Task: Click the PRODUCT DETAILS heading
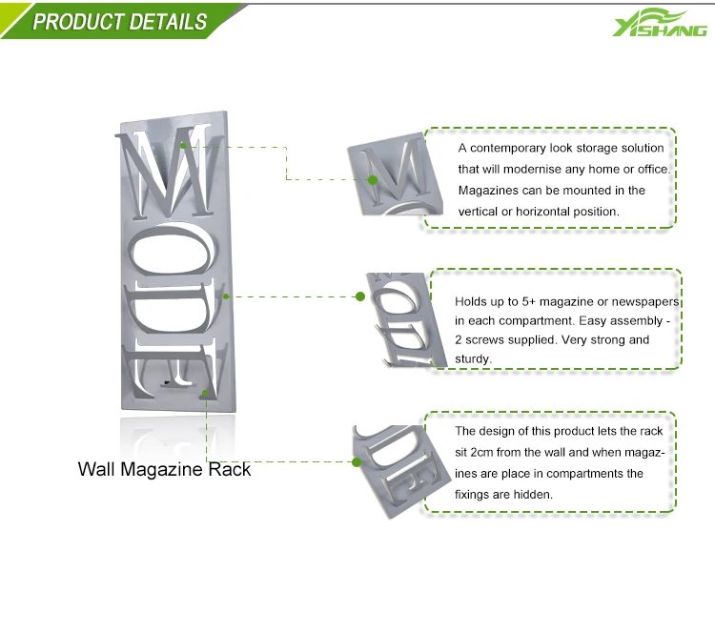pos(119,21)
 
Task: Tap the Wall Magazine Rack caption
pos(164,469)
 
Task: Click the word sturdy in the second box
pos(472,358)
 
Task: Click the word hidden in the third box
pos(532,495)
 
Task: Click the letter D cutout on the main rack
pos(174,311)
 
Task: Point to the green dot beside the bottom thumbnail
pos(357,461)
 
